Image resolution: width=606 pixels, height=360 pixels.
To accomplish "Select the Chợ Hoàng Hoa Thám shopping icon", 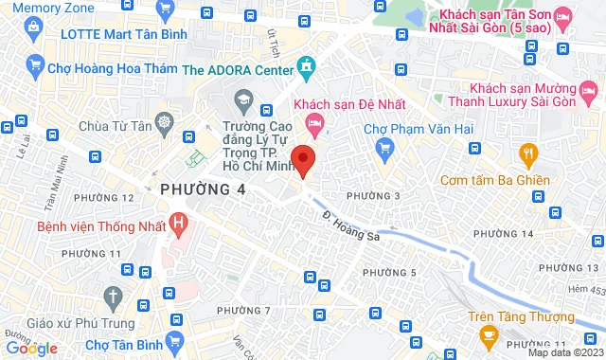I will point(36,65).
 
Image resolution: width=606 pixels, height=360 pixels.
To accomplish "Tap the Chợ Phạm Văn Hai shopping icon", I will point(383,147).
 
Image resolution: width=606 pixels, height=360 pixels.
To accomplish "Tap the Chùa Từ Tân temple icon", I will point(165,123).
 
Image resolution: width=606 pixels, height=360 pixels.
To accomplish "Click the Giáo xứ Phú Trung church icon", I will point(112,296).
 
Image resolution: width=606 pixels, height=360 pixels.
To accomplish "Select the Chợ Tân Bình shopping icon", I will point(173,340).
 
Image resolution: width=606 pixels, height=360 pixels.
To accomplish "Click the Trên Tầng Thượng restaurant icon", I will point(489,333).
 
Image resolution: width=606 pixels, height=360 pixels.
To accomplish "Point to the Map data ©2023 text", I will point(564,352).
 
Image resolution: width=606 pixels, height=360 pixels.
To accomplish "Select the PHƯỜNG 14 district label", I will point(502,233).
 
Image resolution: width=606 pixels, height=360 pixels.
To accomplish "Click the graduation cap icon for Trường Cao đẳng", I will point(242,99).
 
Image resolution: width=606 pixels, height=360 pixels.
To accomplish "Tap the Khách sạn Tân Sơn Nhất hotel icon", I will point(562,16).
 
